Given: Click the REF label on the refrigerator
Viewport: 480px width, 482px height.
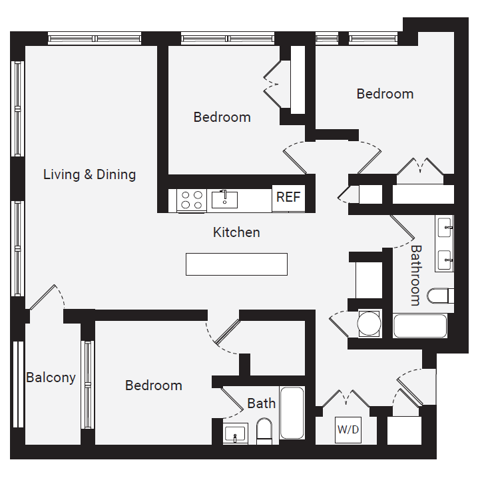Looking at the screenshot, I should click(288, 198).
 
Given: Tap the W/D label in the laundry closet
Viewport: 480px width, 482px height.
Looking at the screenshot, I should click(348, 429).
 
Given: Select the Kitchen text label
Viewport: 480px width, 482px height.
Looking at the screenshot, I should click(236, 232).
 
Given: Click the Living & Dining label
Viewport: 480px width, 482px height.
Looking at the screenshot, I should click(89, 174).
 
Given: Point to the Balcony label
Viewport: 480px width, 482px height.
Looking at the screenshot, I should click(51, 377).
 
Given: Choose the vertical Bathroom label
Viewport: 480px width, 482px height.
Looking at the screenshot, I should click(415, 275).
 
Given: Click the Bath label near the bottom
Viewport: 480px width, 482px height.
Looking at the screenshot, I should click(261, 403).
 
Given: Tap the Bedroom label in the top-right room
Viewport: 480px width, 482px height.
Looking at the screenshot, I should click(385, 94).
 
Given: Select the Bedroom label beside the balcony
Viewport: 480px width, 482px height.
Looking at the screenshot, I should click(153, 385).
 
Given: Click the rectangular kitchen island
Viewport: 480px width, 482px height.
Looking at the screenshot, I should click(236, 264).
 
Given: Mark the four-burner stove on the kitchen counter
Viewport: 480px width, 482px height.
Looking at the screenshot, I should click(192, 200).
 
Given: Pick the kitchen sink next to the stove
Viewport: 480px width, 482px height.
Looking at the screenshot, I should click(224, 198).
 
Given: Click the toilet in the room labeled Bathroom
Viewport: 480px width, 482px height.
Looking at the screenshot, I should click(440, 296).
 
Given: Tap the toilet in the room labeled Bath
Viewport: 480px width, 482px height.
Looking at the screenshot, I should click(264, 431).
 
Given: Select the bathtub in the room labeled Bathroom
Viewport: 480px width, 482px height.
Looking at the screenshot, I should click(419, 326).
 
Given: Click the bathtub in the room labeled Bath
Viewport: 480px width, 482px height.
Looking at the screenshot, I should click(292, 413).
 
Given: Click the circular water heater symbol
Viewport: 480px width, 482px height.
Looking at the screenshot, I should click(369, 324).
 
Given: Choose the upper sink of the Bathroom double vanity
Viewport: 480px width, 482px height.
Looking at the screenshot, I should click(444, 227).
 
